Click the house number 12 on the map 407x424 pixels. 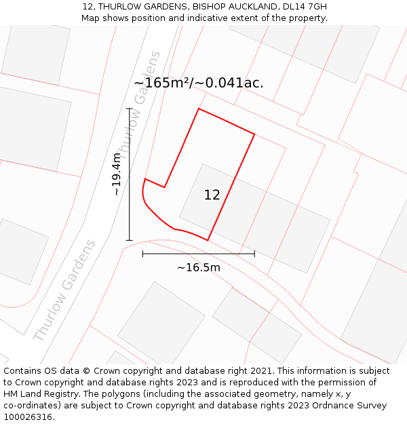click(212, 195)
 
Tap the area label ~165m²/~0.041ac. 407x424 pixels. click(199, 83)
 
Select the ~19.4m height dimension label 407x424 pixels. click(117, 174)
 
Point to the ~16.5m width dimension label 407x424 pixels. click(199, 267)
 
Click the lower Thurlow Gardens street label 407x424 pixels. click(64, 290)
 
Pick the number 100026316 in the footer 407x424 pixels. click(27, 417)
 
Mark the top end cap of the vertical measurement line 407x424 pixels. click(129, 109)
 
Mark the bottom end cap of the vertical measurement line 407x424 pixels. click(129, 240)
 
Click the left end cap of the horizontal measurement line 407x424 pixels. click(142, 254)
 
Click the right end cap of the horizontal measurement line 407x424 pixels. click(254, 254)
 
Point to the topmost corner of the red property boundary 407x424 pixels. click(199, 109)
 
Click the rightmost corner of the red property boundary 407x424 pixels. click(254, 134)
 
